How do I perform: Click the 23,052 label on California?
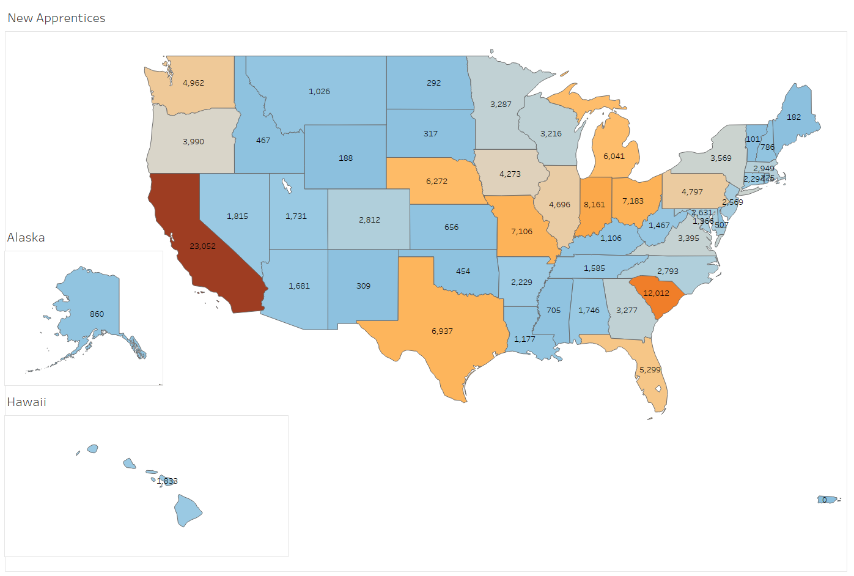coord(202,246)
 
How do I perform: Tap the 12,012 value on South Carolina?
coord(656,294)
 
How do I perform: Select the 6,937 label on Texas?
coord(442,331)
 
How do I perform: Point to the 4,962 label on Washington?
coord(193,83)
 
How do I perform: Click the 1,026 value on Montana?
coord(319,92)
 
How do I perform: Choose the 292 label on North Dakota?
coord(433,83)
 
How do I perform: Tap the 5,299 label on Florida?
coord(650,370)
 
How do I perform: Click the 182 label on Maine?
coord(793,117)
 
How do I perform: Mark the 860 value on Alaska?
coord(97,314)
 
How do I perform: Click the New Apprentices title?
coord(56,18)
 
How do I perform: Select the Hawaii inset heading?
coord(26,402)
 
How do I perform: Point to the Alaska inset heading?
coord(26,238)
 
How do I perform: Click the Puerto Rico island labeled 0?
coord(826,500)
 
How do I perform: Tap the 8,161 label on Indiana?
coord(594,205)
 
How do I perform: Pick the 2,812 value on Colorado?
coord(369,220)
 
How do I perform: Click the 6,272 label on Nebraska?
coord(436,182)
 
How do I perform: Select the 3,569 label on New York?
coord(721,158)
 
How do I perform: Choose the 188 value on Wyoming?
coord(345,158)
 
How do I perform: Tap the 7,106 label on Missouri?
coord(521,232)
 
